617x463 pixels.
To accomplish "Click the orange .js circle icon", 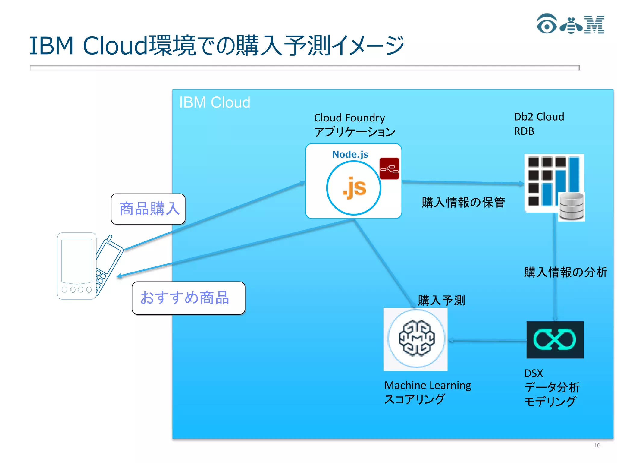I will [x=354, y=188].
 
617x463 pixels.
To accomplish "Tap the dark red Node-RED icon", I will [x=389, y=169].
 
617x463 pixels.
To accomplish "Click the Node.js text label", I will [x=350, y=154].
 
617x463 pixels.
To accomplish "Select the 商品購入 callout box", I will [x=148, y=209].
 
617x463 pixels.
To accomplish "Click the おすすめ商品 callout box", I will [x=188, y=298].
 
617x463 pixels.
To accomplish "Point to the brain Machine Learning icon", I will [x=416, y=339].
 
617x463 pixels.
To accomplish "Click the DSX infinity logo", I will [x=555, y=340].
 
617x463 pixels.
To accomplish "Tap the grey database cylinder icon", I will [x=571, y=206].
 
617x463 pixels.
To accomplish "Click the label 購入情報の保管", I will [x=463, y=202].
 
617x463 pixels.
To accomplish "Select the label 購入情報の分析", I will [x=565, y=272].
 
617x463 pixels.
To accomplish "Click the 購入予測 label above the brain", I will [x=441, y=300].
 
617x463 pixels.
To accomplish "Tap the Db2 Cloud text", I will [x=539, y=117].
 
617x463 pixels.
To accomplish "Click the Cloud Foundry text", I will [x=349, y=118].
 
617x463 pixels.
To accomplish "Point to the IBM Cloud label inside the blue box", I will [x=215, y=102].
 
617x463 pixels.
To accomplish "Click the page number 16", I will [x=597, y=445].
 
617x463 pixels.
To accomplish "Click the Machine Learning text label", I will [x=428, y=385].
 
